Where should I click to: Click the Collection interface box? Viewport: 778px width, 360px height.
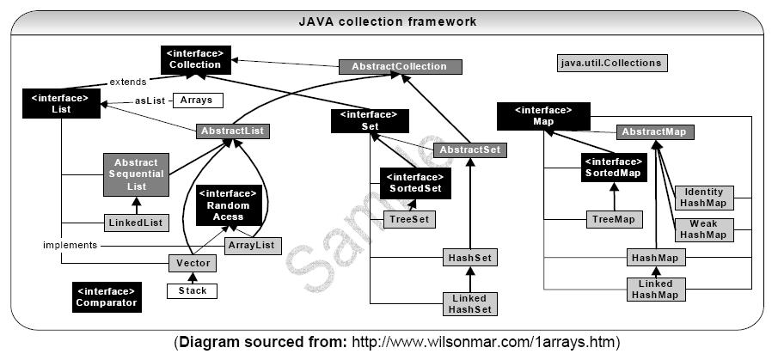(x=195, y=58)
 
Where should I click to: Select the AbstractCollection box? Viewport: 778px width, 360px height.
(x=400, y=66)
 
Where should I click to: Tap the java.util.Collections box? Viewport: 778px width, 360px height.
(x=612, y=63)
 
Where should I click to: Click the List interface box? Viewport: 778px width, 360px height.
(x=60, y=104)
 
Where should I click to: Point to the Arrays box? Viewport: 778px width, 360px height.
(x=197, y=100)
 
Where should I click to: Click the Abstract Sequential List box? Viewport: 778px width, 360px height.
(x=136, y=174)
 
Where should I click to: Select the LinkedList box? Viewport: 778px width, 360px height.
(x=135, y=223)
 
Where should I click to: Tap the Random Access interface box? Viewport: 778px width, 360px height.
(x=228, y=205)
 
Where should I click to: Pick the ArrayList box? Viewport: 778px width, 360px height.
(x=253, y=246)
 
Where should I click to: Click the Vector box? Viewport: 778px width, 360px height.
(x=192, y=264)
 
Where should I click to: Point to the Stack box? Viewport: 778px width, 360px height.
(x=192, y=290)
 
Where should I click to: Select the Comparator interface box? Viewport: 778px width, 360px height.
(x=106, y=296)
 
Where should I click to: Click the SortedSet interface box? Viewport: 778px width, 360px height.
(x=415, y=182)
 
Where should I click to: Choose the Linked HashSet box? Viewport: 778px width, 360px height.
(x=469, y=302)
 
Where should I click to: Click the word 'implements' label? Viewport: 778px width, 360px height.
(x=71, y=245)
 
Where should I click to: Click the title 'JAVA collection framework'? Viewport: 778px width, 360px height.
(x=387, y=21)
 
